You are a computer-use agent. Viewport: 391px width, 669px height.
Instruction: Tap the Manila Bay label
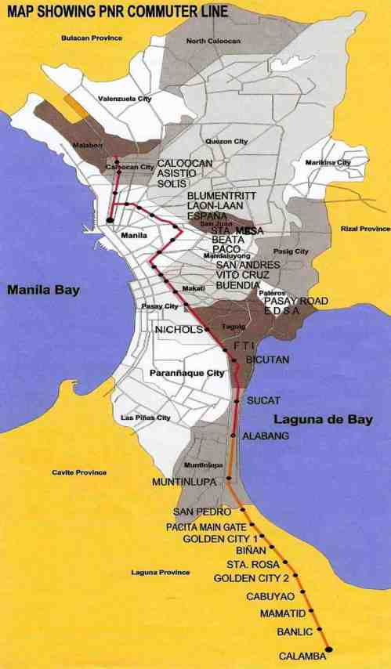click(x=45, y=290)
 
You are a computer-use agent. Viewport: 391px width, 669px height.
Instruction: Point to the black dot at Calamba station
click(x=329, y=649)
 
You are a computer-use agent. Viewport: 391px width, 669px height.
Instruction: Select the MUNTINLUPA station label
click(x=183, y=482)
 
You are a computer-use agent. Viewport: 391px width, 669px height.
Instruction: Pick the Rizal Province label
click(x=365, y=229)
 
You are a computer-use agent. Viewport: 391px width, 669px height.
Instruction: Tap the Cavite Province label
click(x=79, y=472)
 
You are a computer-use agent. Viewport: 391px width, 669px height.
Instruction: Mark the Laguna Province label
click(x=160, y=573)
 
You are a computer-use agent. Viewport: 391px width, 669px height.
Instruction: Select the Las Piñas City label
click(x=146, y=418)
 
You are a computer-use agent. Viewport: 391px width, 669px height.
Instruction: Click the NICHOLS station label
click(x=179, y=330)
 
